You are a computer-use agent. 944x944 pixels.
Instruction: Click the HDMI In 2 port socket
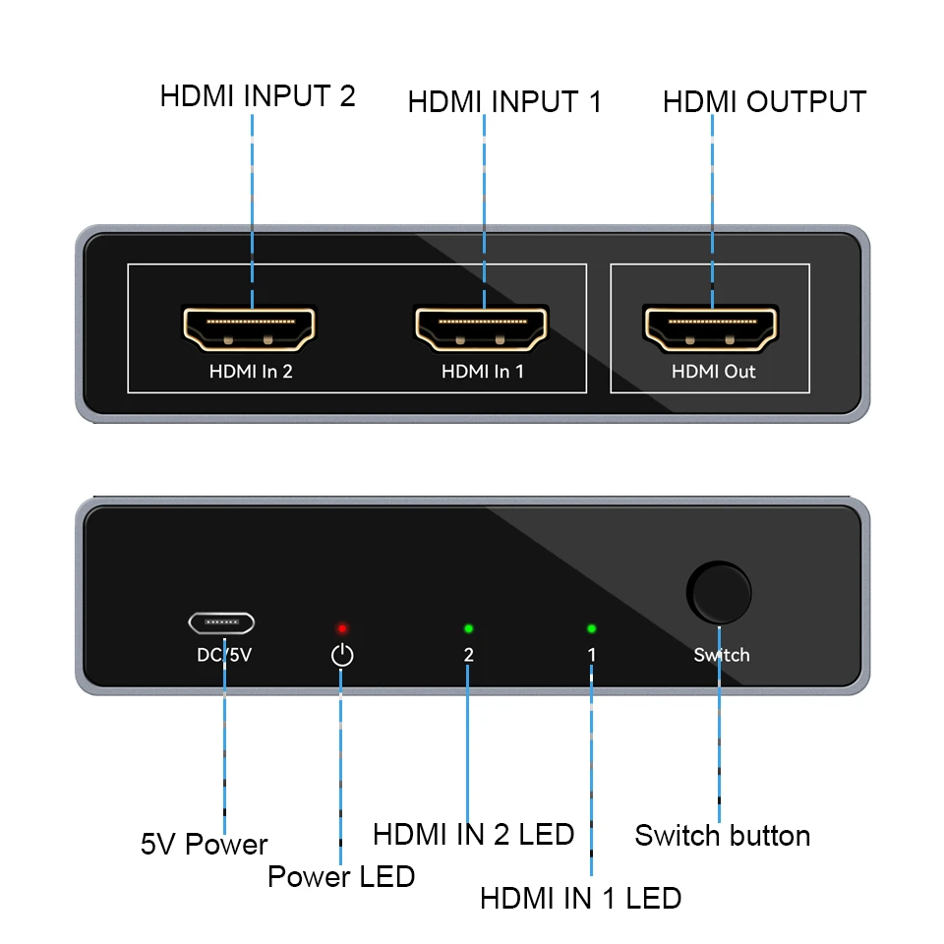pos(250,329)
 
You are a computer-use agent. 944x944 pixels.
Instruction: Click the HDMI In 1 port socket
pos(482,329)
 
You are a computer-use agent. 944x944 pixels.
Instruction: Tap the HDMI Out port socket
pos(710,329)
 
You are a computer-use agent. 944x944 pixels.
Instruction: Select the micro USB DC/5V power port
pos(221,622)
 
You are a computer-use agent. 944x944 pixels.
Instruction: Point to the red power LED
pos(342,627)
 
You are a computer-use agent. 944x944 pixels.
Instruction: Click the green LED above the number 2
pos(468,627)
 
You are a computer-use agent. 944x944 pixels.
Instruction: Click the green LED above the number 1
pos(591,627)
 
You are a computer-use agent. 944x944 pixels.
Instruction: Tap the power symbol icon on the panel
pos(341,655)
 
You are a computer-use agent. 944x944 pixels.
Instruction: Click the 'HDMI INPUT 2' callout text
pos(258,96)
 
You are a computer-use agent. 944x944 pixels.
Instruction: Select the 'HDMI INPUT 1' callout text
pos(503,102)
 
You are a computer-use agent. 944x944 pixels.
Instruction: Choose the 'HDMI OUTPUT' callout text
pos(764,102)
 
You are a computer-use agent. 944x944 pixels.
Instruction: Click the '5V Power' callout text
pos(204,845)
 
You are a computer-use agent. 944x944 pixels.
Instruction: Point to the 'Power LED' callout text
pos(340,876)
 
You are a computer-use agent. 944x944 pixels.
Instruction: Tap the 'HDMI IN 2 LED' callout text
pos(473,835)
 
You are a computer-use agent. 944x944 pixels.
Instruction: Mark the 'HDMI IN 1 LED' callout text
pos(580,898)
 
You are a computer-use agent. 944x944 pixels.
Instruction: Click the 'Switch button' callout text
pos(722,836)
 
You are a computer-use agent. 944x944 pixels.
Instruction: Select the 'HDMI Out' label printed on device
pos(713,372)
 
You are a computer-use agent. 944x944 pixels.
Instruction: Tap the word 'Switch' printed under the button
pos(721,655)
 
